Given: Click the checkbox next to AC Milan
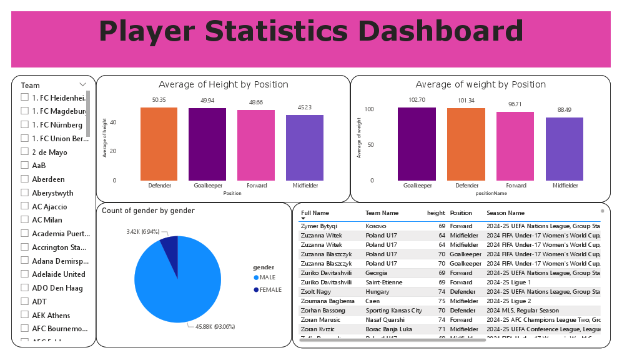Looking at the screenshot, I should (x=25, y=220).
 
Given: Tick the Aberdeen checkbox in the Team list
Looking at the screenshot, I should (x=25, y=179).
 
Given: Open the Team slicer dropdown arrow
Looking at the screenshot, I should (x=82, y=84).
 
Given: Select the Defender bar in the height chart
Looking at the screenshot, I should (x=159, y=144).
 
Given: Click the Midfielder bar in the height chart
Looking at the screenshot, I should (x=305, y=147).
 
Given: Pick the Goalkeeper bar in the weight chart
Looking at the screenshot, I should (x=417, y=144).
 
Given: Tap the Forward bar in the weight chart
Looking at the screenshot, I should (x=515, y=146).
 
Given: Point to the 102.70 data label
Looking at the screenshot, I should (x=417, y=100).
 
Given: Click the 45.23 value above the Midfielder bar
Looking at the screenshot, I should (x=305, y=107).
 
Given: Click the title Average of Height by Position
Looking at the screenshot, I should (x=223, y=84).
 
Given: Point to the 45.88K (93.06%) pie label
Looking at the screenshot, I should (x=215, y=326).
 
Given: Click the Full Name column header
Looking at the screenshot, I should (x=315, y=213).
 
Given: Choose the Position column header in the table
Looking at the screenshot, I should (x=461, y=213).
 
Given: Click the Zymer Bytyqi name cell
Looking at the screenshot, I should (x=319, y=226).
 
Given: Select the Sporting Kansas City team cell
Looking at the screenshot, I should (x=393, y=311).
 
